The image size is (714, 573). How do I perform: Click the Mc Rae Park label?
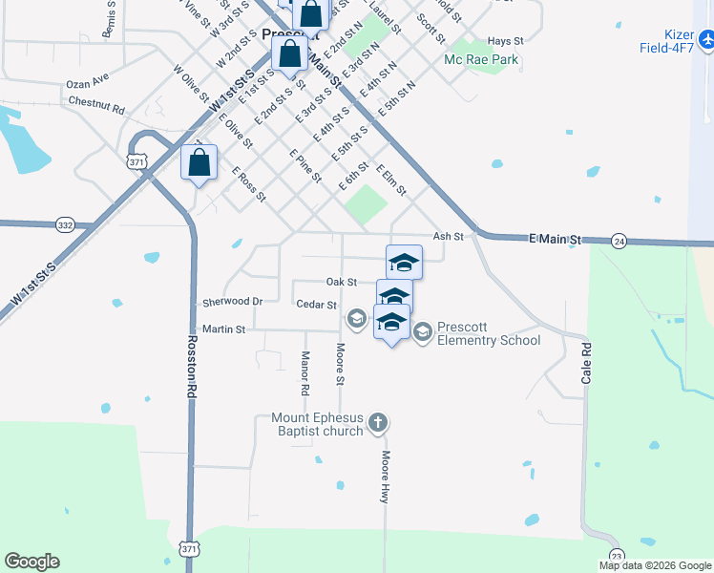click(x=480, y=59)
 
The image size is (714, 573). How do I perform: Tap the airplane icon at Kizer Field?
click(x=706, y=41)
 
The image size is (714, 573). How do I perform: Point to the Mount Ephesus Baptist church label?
click(x=318, y=424)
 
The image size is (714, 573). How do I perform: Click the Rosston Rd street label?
click(x=192, y=366)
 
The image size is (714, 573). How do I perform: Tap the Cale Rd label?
click(x=586, y=364)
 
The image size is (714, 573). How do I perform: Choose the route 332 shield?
click(x=65, y=224)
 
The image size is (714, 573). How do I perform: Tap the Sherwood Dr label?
click(x=232, y=302)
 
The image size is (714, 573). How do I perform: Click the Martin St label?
click(x=224, y=329)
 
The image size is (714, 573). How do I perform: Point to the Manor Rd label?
click(x=304, y=373)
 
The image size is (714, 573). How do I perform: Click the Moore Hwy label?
click(x=386, y=477)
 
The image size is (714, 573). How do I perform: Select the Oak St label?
click(x=341, y=282)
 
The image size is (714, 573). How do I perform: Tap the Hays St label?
click(x=505, y=41)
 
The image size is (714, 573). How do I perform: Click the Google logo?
click(x=31, y=562)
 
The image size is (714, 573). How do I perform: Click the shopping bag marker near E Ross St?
click(x=199, y=162)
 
